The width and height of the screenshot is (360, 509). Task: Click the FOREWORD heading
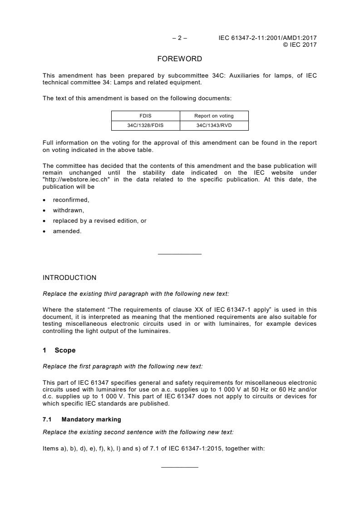pyautogui.click(x=179, y=59)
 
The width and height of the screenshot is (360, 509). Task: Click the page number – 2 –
pyautogui.click(x=180, y=38)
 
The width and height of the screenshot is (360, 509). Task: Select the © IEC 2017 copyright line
pyautogui.click(x=300, y=44)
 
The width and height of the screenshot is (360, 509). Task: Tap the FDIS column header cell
pyautogui.click(x=145, y=116)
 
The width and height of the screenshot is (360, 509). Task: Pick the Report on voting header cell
pyautogui.click(x=214, y=116)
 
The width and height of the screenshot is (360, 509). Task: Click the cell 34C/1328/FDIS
pyautogui.click(x=145, y=125)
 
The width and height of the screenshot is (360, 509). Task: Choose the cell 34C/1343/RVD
pyautogui.click(x=214, y=125)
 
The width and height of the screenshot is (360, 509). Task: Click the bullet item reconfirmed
pyautogui.click(x=68, y=200)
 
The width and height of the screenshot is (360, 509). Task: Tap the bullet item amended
pyautogui.click(x=67, y=231)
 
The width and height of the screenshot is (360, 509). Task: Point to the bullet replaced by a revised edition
pyautogui.click(x=99, y=221)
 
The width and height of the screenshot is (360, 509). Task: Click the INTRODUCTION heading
pyautogui.click(x=69, y=278)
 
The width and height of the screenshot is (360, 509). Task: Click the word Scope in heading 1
pyautogui.click(x=65, y=350)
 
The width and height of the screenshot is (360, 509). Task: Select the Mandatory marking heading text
pyautogui.click(x=91, y=420)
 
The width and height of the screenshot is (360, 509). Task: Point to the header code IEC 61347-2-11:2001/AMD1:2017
pyautogui.click(x=267, y=38)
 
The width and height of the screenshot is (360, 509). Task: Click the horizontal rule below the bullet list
pyautogui.click(x=179, y=254)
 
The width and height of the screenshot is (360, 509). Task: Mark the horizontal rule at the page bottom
pyautogui.click(x=179, y=467)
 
